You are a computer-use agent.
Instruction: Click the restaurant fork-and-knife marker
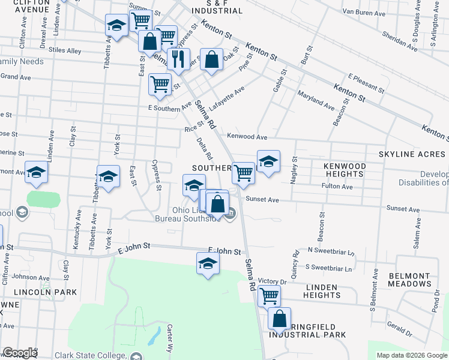[x=178, y=59]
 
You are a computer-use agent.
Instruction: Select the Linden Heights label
[x=322, y=290]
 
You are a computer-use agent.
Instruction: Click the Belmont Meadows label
[x=409, y=280]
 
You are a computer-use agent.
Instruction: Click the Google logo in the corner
[x=20, y=353]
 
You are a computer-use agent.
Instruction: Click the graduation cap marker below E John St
[x=208, y=263]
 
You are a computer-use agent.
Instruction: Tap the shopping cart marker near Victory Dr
[x=270, y=295]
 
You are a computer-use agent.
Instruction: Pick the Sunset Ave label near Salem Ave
[x=400, y=208]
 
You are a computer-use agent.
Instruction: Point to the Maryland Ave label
[x=316, y=100]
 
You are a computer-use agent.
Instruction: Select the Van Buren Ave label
[x=361, y=11]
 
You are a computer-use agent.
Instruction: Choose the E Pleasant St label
[x=366, y=84]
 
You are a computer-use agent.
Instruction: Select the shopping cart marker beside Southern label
[x=243, y=173]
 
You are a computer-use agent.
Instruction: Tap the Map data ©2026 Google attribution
[x=411, y=355]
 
